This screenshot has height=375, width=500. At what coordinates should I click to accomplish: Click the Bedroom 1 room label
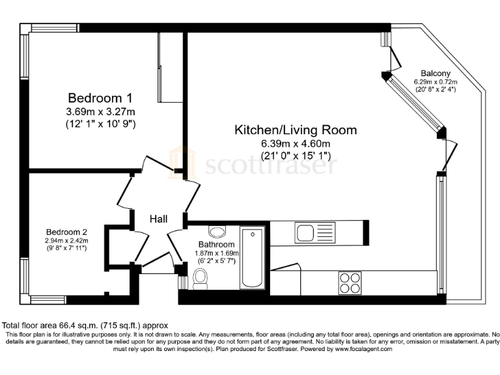pyautogui.click(x=100, y=98)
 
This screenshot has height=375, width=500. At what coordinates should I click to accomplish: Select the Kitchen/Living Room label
pyautogui.click(x=296, y=130)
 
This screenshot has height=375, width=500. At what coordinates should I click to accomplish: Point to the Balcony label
pyautogui.click(x=436, y=73)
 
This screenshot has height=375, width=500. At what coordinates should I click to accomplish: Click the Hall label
pyautogui.click(x=159, y=219)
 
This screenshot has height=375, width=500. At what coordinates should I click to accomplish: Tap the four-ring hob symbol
pyautogui.click(x=350, y=282)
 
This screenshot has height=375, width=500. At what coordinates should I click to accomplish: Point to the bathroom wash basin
pyautogui.click(x=217, y=232)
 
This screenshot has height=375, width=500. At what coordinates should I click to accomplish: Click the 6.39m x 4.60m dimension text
pyautogui.click(x=296, y=143)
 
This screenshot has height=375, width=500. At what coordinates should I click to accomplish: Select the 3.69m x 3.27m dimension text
pyautogui.click(x=100, y=111)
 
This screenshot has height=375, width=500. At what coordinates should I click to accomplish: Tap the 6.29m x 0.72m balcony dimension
pyautogui.click(x=436, y=81)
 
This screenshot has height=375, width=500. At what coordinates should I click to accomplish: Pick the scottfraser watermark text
pyautogui.click(x=270, y=167)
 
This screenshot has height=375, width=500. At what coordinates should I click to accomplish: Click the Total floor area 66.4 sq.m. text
pyautogui.click(x=85, y=326)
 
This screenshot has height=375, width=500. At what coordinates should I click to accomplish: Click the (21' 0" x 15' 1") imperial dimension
pyautogui.click(x=296, y=156)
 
